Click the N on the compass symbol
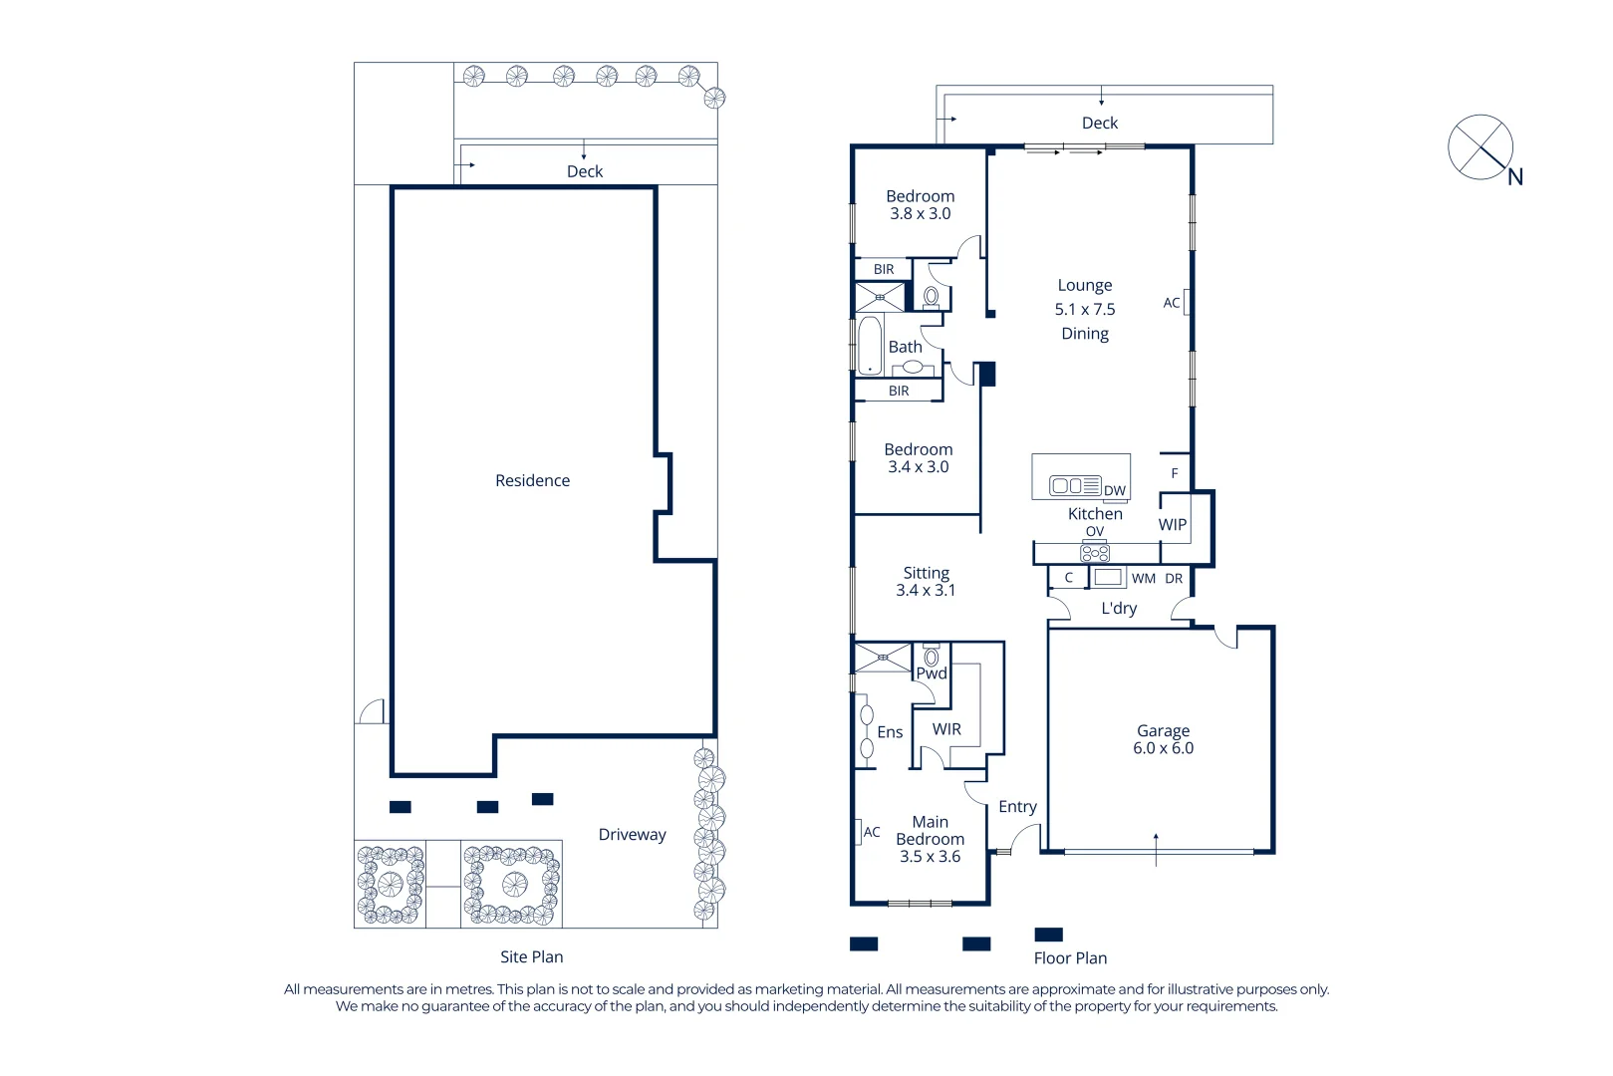tap(1514, 178)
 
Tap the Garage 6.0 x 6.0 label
tap(1163, 739)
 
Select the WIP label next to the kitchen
tap(1172, 525)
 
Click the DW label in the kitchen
tap(1114, 490)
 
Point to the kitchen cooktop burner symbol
tap(1095, 553)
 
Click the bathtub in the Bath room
tap(870, 345)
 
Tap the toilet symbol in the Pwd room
tap(932, 657)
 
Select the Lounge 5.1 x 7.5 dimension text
tap(1084, 310)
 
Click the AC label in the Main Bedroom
tap(872, 832)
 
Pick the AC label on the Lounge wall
tap(1172, 303)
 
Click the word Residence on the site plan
tap(532, 480)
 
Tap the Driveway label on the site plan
tap(632, 835)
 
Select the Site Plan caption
tap(531, 956)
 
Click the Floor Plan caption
tap(1070, 957)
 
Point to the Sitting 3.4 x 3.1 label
tap(926, 581)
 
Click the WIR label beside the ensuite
tap(946, 729)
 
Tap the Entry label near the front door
tap(1017, 807)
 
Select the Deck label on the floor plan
tap(1100, 123)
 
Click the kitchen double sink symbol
tap(1068, 485)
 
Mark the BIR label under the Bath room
tap(899, 391)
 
